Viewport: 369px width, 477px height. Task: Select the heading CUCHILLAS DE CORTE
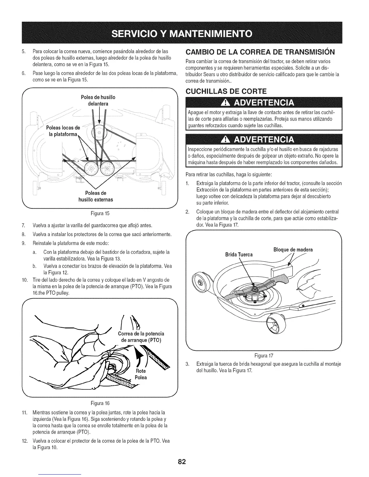[x=224, y=91]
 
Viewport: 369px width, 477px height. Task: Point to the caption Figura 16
[x=100, y=403]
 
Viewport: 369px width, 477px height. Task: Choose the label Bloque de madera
[x=293, y=250]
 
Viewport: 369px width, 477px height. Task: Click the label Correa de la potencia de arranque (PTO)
[x=141, y=337]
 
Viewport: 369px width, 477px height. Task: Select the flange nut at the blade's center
[x=254, y=289]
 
